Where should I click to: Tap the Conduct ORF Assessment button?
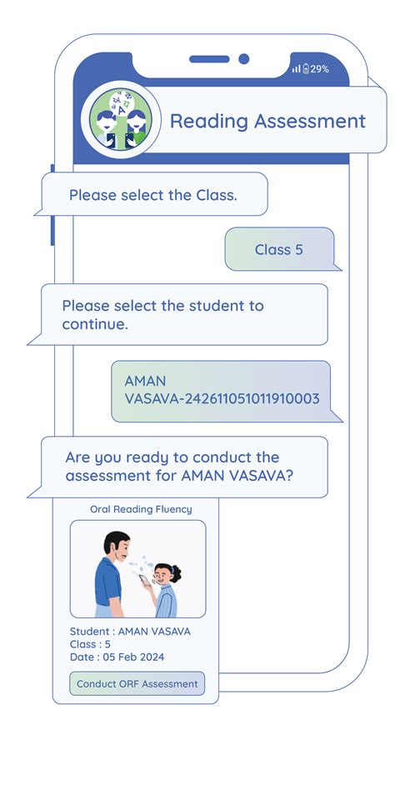point(137,684)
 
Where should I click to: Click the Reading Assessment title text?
point(267,121)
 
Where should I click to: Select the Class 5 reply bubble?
point(279,249)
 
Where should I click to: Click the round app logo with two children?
point(121,120)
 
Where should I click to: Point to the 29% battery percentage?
point(319,69)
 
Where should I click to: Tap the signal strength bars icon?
point(297,69)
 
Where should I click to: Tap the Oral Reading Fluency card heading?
point(141,509)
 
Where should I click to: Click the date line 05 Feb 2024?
point(117,657)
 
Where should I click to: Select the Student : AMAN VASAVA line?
point(130,632)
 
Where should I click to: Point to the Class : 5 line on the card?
point(90,644)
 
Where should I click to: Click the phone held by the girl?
point(144,580)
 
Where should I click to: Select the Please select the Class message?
point(153,195)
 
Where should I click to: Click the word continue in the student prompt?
point(93,324)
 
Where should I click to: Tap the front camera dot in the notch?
point(244,59)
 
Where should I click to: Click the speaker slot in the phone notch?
point(209,59)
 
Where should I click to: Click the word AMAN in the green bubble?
point(145,382)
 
